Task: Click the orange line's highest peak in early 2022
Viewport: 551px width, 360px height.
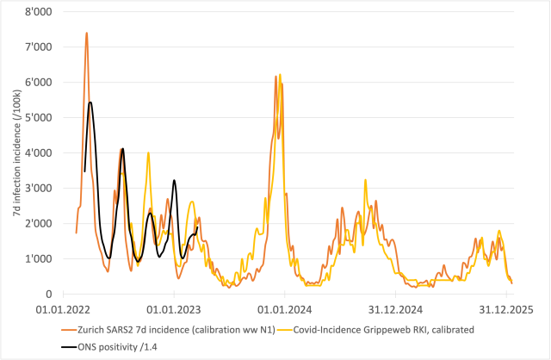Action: pyautogui.click(x=86, y=33)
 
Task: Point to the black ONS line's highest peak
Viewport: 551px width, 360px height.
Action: pyautogui.click(x=90, y=102)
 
